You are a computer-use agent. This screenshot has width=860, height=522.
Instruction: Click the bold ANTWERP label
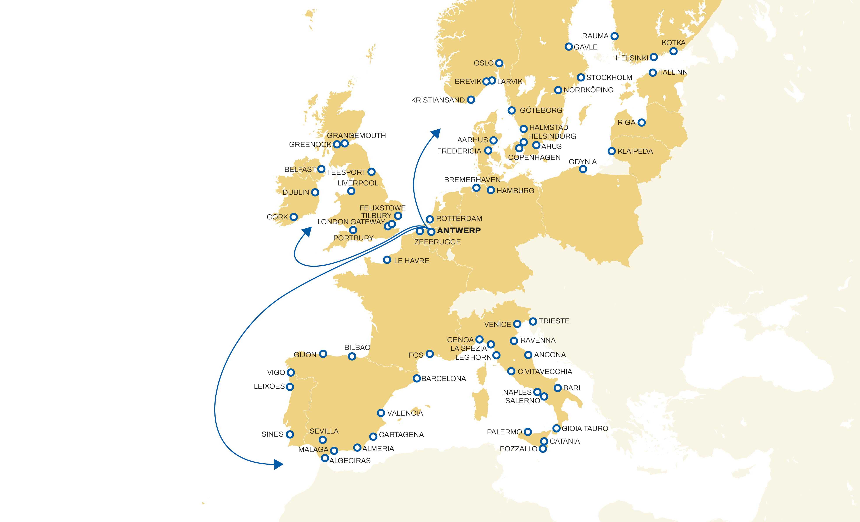tap(459, 230)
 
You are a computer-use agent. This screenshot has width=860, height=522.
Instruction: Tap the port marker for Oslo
tap(499, 63)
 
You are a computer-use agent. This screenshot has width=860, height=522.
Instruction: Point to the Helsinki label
tap(632, 58)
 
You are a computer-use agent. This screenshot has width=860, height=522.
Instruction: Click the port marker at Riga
tap(642, 123)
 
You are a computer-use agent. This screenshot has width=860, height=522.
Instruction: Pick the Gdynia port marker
tap(583, 169)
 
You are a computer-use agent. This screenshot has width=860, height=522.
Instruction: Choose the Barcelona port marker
tap(416, 378)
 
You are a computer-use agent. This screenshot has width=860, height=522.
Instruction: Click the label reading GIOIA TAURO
tap(585, 429)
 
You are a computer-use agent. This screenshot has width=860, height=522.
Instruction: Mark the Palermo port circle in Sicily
tap(528, 432)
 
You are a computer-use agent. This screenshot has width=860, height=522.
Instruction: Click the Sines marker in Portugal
tap(290, 434)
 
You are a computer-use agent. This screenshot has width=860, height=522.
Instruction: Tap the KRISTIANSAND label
tap(438, 100)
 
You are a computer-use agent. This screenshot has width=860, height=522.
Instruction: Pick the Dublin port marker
tap(315, 192)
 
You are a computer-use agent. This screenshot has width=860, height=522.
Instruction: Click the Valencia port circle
tap(381, 413)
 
